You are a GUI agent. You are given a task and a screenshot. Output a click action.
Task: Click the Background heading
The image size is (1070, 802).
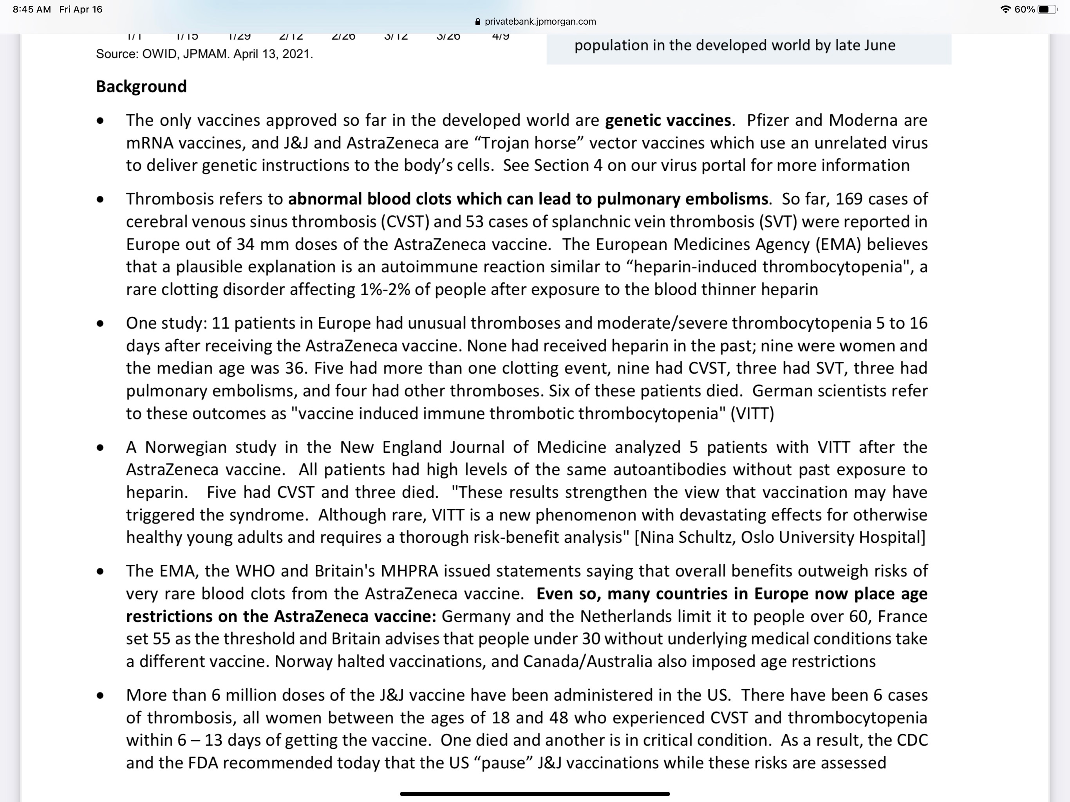141,87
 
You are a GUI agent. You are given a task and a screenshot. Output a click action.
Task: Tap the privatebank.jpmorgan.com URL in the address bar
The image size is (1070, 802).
540,21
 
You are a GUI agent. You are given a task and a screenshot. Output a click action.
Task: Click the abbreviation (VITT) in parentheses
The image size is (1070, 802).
752,414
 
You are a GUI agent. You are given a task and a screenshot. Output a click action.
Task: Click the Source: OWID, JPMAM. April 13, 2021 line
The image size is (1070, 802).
204,54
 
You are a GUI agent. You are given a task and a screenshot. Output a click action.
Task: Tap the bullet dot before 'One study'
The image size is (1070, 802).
100,323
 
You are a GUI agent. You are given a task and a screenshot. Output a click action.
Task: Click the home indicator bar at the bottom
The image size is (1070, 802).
535,794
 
